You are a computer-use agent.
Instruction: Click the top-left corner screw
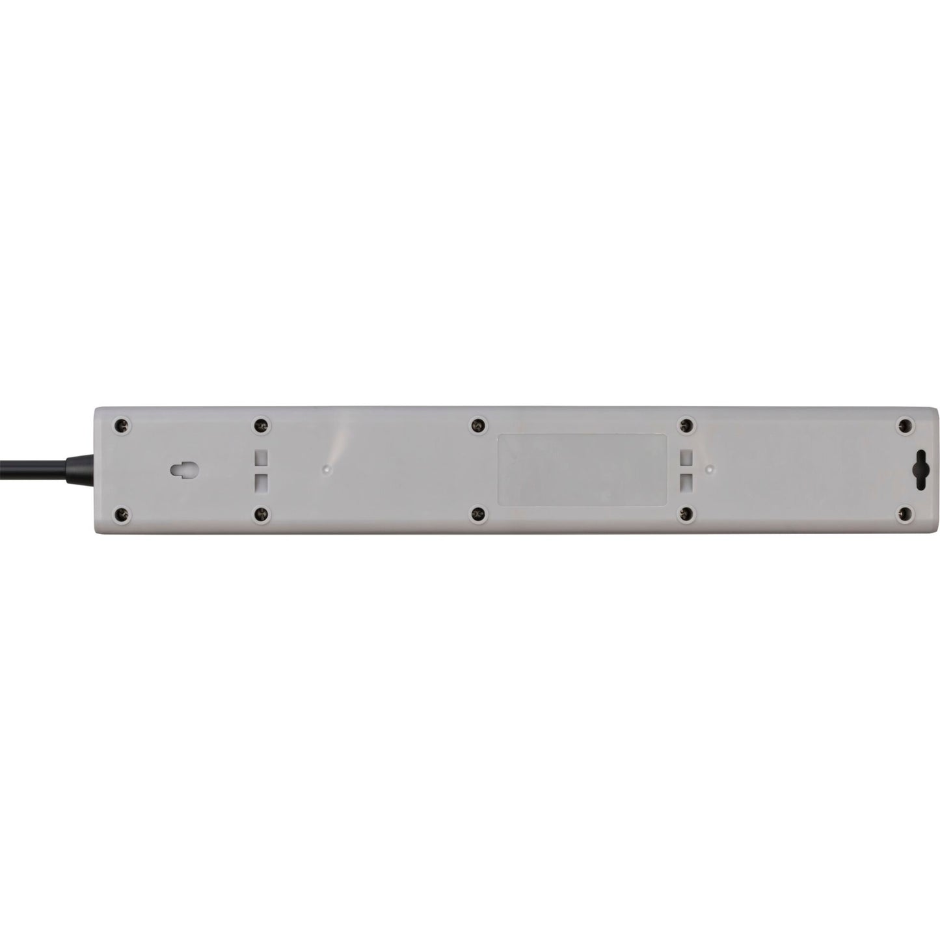click(x=119, y=425)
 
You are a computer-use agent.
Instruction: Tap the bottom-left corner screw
click(x=119, y=515)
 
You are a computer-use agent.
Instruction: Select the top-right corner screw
click(x=904, y=425)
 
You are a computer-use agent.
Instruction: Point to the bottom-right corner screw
click(x=904, y=515)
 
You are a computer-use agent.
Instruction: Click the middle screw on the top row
click(x=478, y=425)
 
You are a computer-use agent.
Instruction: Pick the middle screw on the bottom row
click(x=478, y=515)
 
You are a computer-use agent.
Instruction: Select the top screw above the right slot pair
click(x=685, y=425)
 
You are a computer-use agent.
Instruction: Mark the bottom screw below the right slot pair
click(x=685, y=515)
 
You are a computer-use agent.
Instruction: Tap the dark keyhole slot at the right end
click(x=920, y=470)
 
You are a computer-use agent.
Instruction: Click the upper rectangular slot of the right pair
click(x=685, y=458)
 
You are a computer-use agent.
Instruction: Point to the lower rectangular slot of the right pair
click(x=685, y=482)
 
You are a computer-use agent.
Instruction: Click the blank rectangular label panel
click(x=582, y=470)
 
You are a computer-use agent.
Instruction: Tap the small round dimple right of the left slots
click(x=327, y=468)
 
